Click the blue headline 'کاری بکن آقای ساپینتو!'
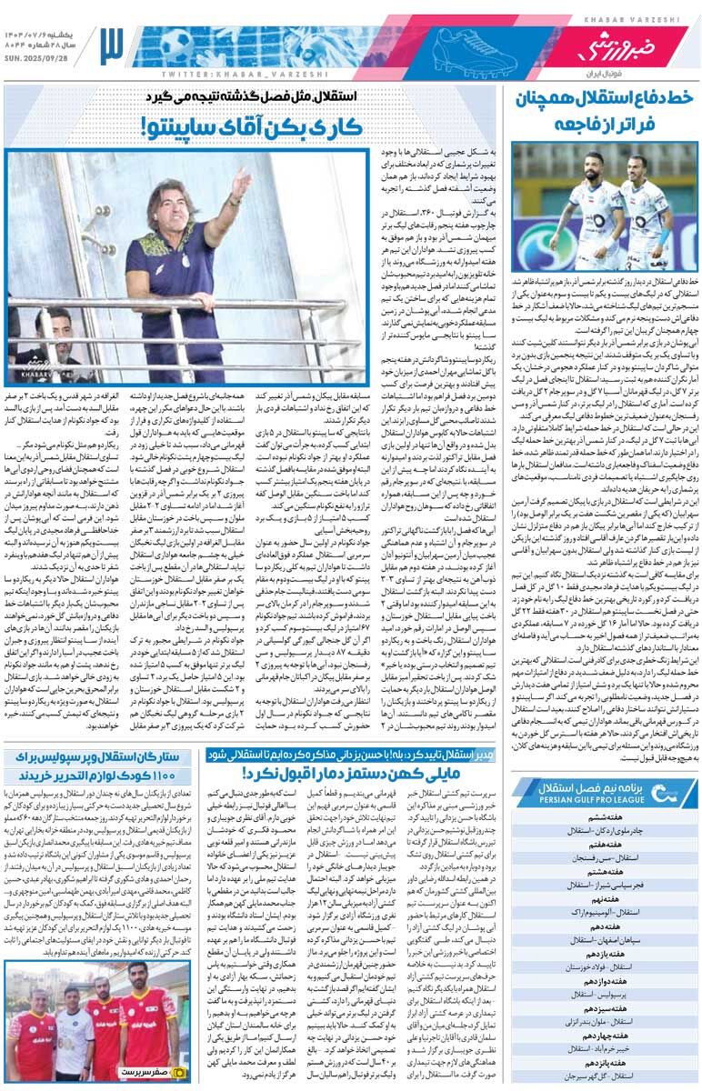pos(253,127)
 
